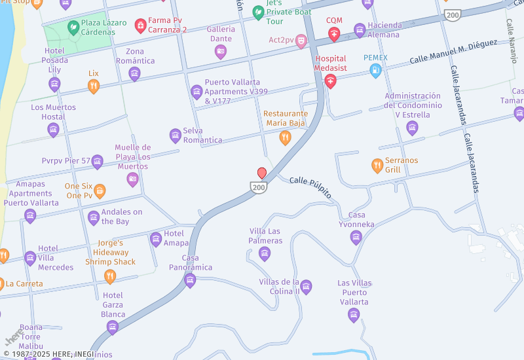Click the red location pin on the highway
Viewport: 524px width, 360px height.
(262, 173)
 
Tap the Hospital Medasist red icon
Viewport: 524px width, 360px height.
(330, 81)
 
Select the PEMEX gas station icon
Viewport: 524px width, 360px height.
(375, 71)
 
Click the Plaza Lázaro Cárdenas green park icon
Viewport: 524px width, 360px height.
(73, 27)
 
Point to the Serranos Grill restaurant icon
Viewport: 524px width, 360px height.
(377, 166)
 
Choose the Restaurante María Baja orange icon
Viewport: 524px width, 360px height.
(285, 137)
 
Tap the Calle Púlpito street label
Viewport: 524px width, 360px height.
(310, 187)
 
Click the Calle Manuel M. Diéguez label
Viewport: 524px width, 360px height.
(453, 52)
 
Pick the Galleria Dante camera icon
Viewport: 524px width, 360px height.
(221, 51)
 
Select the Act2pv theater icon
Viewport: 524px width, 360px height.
(301, 41)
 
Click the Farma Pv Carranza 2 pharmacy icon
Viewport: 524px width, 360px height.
(140, 26)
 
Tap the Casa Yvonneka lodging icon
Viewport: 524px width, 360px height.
(356, 237)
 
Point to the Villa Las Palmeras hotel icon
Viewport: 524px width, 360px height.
(265, 253)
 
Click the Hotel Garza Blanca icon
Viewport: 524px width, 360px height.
(113, 327)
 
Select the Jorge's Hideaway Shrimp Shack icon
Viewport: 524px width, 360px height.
(110, 276)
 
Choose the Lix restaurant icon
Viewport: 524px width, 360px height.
(94, 86)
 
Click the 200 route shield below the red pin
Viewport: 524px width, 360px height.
(259, 188)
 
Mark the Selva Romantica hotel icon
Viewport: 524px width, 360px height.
(175, 135)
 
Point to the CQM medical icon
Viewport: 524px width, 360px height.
(334, 33)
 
